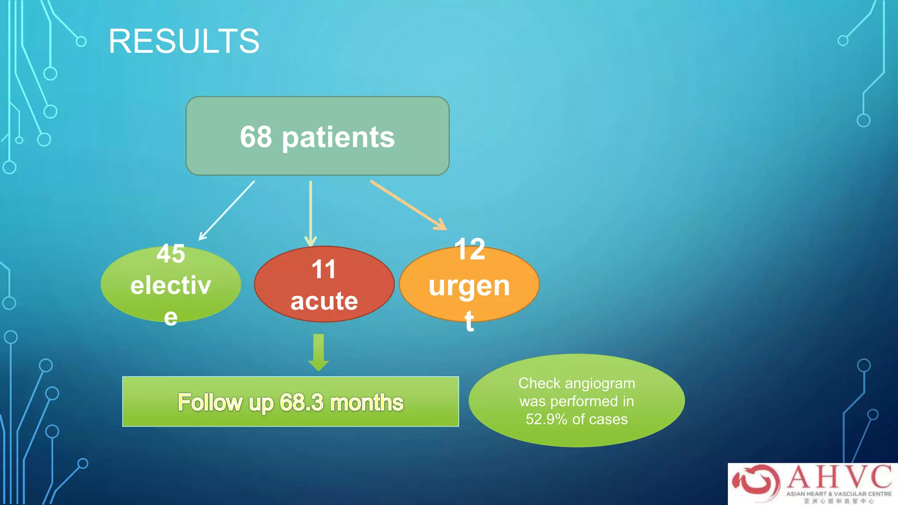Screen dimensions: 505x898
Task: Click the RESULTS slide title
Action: (x=184, y=41)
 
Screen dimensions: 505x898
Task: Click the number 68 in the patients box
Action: (x=256, y=137)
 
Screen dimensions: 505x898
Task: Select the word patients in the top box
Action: (x=338, y=138)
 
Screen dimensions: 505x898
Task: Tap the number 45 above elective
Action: (x=171, y=254)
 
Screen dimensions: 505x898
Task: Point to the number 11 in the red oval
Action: (x=324, y=269)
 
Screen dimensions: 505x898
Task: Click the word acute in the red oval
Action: (x=324, y=301)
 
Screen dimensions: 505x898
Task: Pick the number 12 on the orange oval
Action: (x=470, y=249)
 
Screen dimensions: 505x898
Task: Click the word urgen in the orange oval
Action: (x=469, y=286)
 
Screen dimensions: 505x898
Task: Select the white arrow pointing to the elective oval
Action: (x=227, y=210)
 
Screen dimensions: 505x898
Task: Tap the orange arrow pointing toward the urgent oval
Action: (x=408, y=205)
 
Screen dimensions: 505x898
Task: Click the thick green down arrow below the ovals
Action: (x=319, y=352)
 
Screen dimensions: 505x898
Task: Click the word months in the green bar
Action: (x=366, y=402)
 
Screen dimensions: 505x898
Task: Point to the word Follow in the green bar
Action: (x=210, y=402)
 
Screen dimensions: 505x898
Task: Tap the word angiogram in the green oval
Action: (x=599, y=383)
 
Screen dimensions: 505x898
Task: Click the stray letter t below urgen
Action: (x=469, y=321)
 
